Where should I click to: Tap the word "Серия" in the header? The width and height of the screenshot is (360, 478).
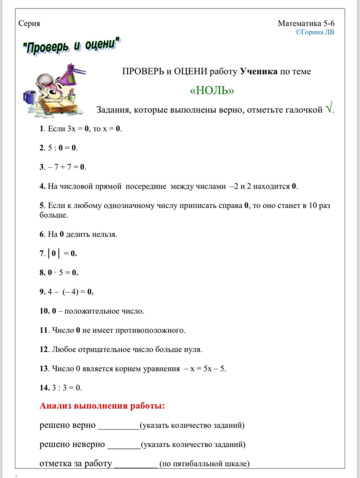point(30,23)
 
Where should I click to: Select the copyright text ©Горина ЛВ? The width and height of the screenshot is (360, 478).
point(315,33)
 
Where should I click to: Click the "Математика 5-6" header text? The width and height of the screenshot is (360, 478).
point(306,23)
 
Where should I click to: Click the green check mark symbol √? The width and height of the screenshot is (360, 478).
point(329,109)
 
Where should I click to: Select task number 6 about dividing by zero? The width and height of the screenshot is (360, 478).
point(78,234)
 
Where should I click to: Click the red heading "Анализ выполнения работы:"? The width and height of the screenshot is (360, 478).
point(102,406)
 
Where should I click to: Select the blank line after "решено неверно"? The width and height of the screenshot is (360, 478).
point(123,445)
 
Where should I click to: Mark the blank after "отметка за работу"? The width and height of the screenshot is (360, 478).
point(135,464)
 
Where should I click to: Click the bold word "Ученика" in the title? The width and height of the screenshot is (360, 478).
point(258,72)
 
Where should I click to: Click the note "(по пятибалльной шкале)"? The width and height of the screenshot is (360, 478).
point(204,464)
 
